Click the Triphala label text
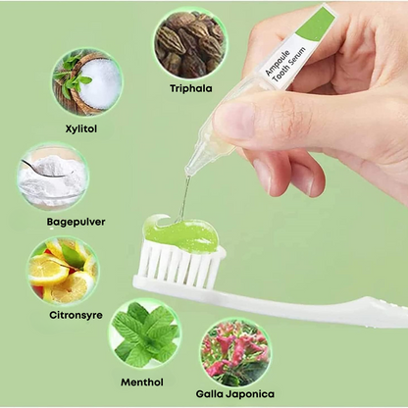191,88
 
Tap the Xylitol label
81,128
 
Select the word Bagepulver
76,222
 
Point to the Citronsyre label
76,315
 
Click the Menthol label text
142,382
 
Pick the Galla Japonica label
235,393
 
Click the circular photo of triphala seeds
190,44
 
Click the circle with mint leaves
145,334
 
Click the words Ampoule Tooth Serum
285,65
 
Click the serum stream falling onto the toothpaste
184,199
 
